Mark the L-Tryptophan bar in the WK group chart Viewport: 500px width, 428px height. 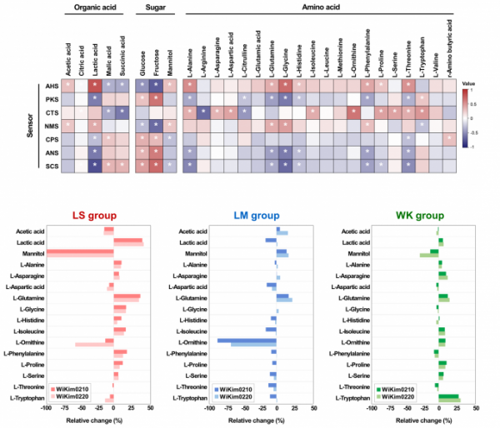point(448,398)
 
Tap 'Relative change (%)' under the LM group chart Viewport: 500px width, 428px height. point(247,421)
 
